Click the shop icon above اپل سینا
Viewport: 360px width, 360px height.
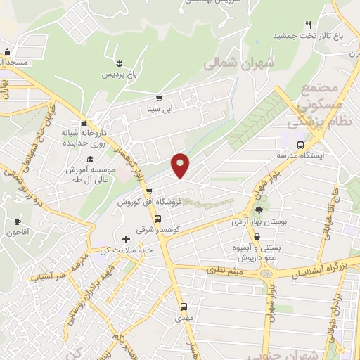[160, 98]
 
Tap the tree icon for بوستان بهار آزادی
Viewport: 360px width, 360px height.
[259, 209]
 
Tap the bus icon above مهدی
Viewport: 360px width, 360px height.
[184, 307]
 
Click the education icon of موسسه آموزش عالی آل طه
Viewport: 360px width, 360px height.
[89, 160]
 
